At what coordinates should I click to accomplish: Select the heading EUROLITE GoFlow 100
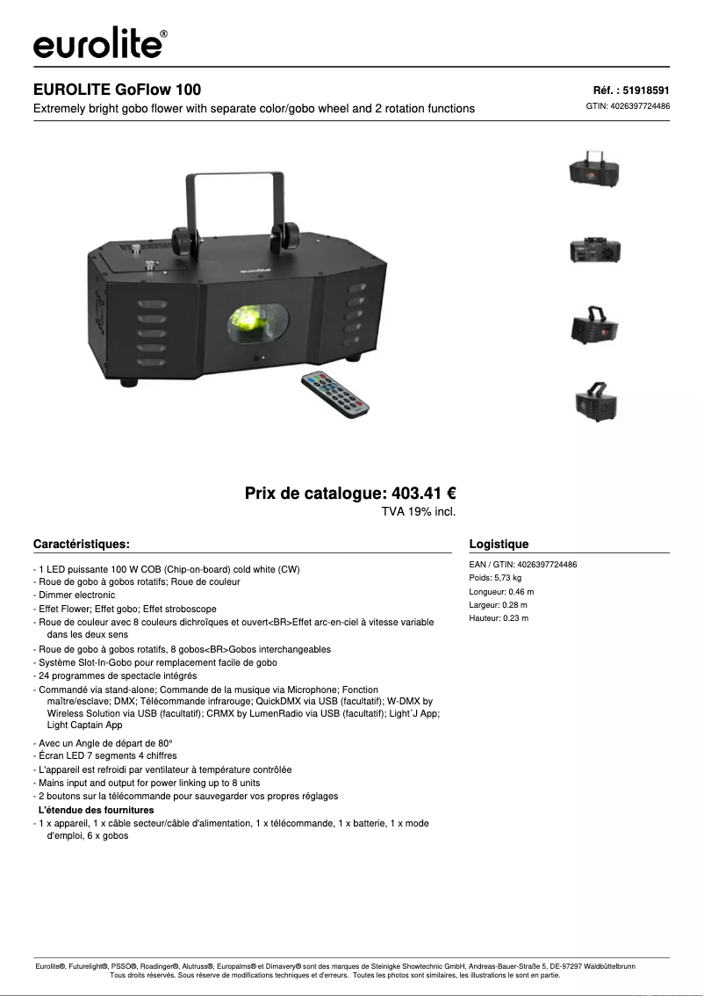pyautogui.click(x=117, y=90)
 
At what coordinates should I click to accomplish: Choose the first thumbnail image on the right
pyautogui.click(x=595, y=168)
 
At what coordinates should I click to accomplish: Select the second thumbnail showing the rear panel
pyautogui.click(x=595, y=250)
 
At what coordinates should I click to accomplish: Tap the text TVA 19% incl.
pyautogui.click(x=418, y=511)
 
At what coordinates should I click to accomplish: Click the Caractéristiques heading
pyautogui.click(x=82, y=544)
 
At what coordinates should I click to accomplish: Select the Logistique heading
pyautogui.click(x=499, y=544)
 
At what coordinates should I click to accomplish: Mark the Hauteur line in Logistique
pyautogui.click(x=499, y=618)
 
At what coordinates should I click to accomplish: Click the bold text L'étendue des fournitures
pyautogui.click(x=96, y=810)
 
